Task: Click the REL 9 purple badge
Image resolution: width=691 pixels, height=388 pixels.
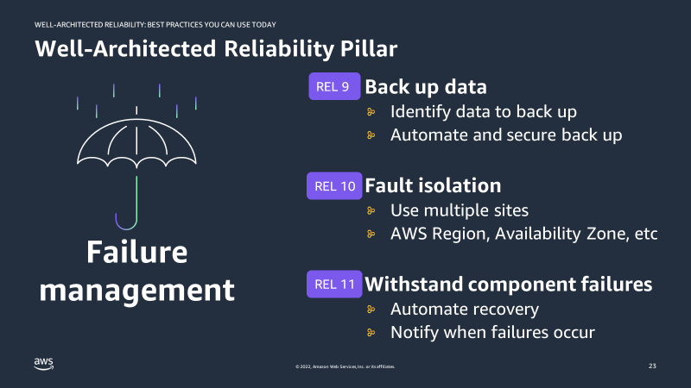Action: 334,87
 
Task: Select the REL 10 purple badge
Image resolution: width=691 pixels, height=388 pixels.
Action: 334,185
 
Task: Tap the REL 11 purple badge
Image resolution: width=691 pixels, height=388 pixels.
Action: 334,284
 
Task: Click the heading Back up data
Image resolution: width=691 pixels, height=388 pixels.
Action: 426,87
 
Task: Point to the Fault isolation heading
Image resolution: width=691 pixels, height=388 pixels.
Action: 433,185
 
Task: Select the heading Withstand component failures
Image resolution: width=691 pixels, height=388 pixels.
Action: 508,284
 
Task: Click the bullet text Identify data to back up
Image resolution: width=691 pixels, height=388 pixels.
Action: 483,111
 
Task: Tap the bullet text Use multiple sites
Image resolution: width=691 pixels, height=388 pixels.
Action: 458,210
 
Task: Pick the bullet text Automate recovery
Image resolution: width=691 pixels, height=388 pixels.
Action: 465,309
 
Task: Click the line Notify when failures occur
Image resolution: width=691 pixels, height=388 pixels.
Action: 493,332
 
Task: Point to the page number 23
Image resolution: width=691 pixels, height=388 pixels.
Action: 652,366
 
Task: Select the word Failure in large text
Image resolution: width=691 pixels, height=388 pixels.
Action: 136,253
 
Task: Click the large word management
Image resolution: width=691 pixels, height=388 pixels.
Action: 136,290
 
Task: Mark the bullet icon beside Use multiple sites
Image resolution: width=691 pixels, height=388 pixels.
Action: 371,210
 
